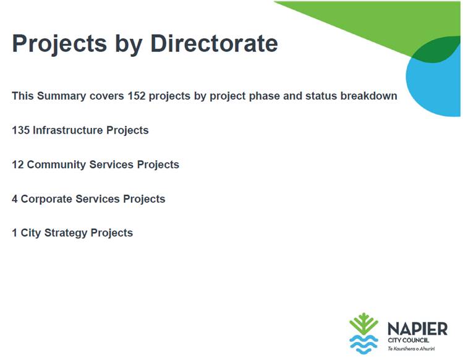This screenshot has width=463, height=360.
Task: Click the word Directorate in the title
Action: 214,43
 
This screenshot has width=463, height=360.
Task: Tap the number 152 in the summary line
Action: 137,96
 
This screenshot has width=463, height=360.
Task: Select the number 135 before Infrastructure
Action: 20,130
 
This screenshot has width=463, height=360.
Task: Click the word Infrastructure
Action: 68,130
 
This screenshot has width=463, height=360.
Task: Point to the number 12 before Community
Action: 18,165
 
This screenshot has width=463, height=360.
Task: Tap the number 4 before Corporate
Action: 15,199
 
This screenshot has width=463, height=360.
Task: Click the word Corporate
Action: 46,199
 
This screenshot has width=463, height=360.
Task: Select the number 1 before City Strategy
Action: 14,233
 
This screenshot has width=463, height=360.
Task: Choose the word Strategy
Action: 66,233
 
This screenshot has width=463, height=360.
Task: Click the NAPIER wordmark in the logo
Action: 417,328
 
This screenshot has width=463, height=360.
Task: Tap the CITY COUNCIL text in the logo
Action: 409,340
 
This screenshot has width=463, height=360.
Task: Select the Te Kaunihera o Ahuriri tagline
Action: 411,349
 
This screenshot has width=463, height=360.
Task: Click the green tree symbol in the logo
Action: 363,324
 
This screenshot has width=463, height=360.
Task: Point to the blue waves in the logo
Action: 363,345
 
